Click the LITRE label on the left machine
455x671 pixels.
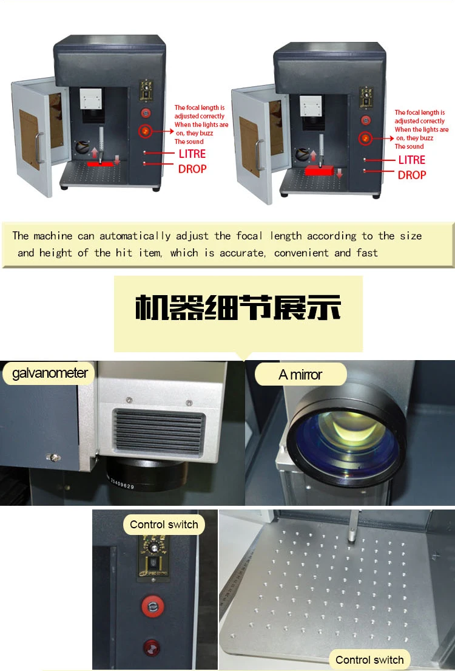click(x=192, y=154)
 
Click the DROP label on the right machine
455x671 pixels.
click(x=412, y=175)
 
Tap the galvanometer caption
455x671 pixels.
click(x=50, y=373)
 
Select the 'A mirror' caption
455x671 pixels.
click(x=300, y=375)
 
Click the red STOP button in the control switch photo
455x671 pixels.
click(x=153, y=607)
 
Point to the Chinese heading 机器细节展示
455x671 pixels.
click(x=238, y=308)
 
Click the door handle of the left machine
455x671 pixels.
click(x=39, y=148)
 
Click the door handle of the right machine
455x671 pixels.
click(x=258, y=155)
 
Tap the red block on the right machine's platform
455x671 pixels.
click(x=319, y=171)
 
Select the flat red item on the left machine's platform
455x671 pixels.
click(x=101, y=164)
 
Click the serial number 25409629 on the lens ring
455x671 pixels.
click(x=121, y=483)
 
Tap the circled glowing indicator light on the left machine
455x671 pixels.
click(x=145, y=131)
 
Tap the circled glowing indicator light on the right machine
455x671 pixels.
click(x=365, y=138)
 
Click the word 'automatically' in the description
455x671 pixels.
click(x=135, y=236)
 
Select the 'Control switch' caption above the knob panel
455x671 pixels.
click(x=164, y=525)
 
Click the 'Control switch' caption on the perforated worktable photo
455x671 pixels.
click(x=369, y=659)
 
